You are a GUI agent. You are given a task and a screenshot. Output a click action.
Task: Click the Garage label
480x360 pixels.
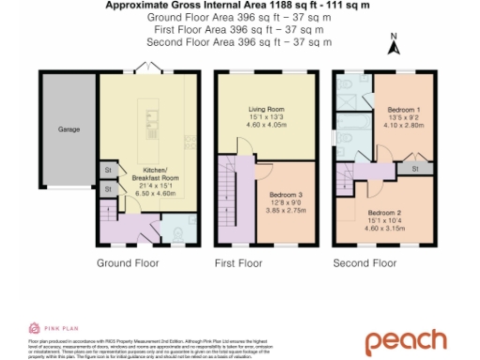pyautogui.click(x=68, y=128)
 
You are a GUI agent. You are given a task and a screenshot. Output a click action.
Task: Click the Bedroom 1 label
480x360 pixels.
pyautogui.click(x=404, y=110)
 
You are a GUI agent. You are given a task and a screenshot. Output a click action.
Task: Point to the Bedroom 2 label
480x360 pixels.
pyautogui.click(x=384, y=213)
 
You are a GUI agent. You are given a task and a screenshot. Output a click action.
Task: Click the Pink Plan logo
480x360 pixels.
pyautogui.click(x=47, y=327)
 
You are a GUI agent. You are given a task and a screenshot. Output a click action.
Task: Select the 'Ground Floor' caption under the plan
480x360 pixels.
pyautogui.click(x=127, y=263)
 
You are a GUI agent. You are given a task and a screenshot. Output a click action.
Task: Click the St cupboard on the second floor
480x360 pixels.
pyautogui.click(x=415, y=169)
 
